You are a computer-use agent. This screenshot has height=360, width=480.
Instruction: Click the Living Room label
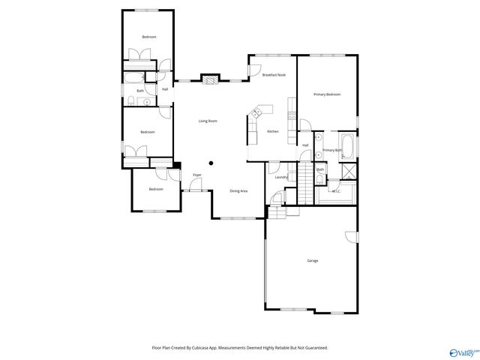(x=208, y=121)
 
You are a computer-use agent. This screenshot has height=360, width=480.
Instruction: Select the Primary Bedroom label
(x=327, y=94)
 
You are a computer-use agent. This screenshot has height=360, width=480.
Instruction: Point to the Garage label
(x=312, y=260)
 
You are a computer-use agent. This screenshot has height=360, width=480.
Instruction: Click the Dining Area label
(x=238, y=191)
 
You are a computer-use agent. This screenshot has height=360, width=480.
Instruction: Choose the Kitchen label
(x=273, y=132)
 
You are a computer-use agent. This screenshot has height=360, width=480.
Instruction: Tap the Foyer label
(x=197, y=175)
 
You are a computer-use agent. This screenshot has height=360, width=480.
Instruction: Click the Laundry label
(x=281, y=177)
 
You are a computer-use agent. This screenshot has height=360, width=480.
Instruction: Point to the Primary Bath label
(x=332, y=150)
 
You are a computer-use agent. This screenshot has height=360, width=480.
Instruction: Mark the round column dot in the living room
(x=211, y=162)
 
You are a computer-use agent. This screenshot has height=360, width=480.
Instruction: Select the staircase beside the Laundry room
(x=304, y=183)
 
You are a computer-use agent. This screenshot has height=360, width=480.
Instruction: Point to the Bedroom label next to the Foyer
(x=156, y=189)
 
